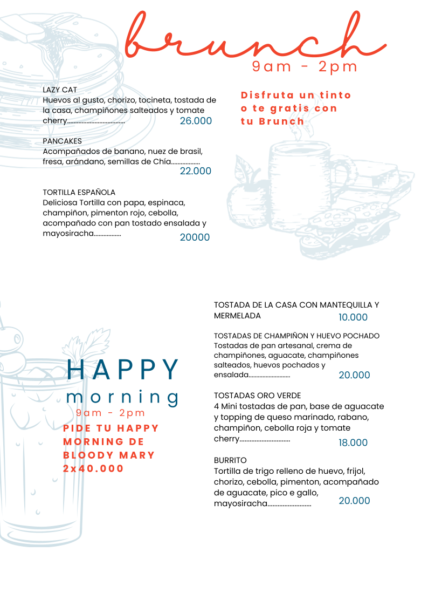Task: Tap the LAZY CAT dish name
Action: pyautogui.click(x=60, y=90)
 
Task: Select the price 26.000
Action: pyautogui.click(x=196, y=121)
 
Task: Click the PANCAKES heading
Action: pyautogui.click(x=62, y=141)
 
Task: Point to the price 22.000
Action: pyautogui.click(x=195, y=171)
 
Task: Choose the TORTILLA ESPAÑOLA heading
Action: pyautogui.click(x=79, y=192)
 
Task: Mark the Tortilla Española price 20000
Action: pyautogui.click(x=195, y=237)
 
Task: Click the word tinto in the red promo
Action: pyautogui.click(x=335, y=95)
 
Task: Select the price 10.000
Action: pyautogui.click(x=353, y=317)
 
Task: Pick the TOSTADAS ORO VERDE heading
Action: pyautogui.click(x=257, y=396)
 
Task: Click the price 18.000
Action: pyautogui.click(x=353, y=442)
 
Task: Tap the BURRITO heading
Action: pyautogui.click(x=230, y=460)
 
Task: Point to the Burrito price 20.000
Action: pyautogui.click(x=354, y=501)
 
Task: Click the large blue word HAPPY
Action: pyautogui.click(x=124, y=370)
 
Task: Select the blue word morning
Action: pyautogui.click(x=122, y=397)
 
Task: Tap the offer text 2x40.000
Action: pyautogui.click(x=94, y=468)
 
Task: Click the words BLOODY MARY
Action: pyautogui.click(x=109, y=455)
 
